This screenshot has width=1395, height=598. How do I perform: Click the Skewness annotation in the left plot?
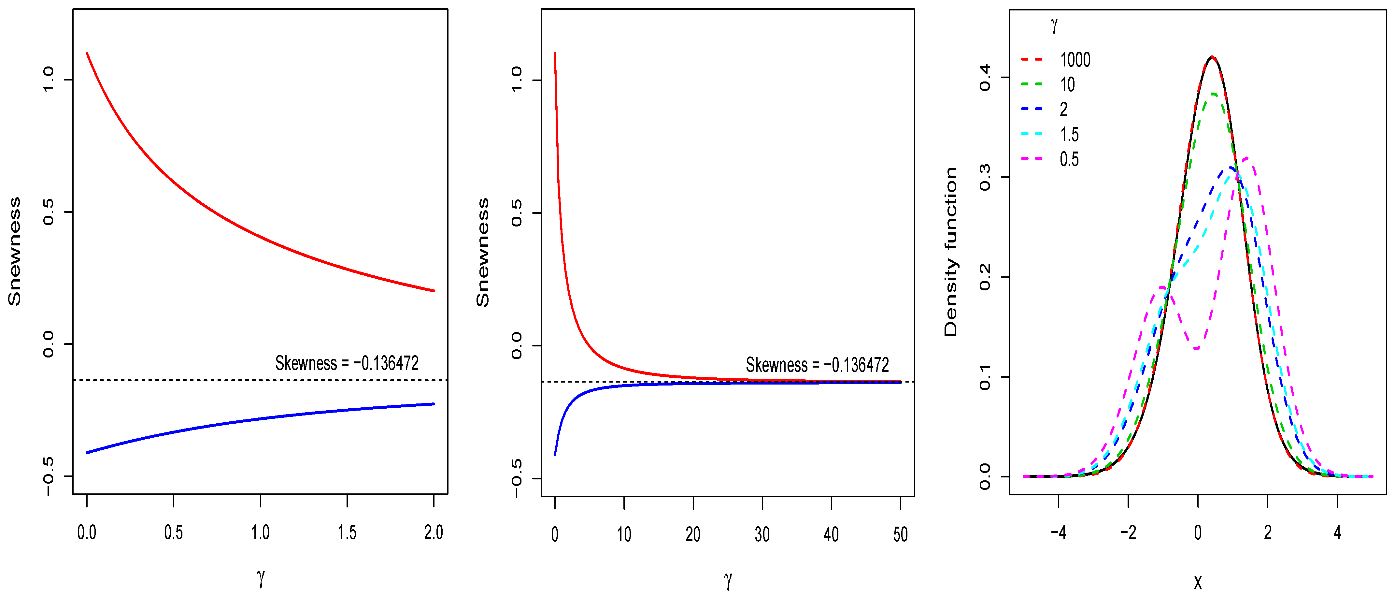pos(347,363)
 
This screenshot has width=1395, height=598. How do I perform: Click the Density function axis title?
pos(951,252)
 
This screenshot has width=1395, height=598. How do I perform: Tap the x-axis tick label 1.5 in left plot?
pos(347,532)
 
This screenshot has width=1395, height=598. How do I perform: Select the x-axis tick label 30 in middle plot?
pos(762,535)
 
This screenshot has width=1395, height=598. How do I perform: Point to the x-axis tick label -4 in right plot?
pos(1058,532)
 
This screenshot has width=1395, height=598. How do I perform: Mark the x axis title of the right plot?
pos(1198,581)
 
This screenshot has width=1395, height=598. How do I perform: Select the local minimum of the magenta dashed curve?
pos(1196,348)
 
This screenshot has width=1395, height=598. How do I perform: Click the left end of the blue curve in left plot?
pos(87,452)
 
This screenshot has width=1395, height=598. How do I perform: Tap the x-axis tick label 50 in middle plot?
pos(900,535)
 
